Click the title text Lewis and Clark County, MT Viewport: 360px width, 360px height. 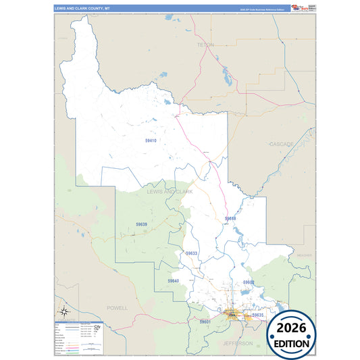pos(82,9)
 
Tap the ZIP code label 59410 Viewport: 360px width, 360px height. pos(151,140)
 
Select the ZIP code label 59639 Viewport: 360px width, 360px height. pos(141,224)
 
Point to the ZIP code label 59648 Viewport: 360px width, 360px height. pos(230,219)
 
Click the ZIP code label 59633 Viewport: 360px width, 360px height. pos(191,253)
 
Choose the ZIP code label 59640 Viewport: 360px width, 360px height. pos(174,280)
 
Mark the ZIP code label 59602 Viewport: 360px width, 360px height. pos(249,282)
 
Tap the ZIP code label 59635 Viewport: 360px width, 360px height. pos(257,315)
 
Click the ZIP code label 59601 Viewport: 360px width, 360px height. pos(205,322)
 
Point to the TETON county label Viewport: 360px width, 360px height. pos(205,45)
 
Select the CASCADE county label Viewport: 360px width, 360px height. pos(282,145)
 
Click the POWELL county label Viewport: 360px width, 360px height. pos(117,307)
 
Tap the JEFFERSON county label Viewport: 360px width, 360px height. pos(238,343)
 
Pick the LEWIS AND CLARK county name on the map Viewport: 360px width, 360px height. pos(170,192)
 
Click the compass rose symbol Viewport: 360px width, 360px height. pos(63,311)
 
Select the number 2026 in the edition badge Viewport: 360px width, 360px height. pos(292,328)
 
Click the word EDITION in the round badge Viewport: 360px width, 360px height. pos(292,343)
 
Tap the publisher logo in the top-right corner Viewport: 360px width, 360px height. pos(302,8)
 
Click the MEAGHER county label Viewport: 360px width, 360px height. pos(304,256)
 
